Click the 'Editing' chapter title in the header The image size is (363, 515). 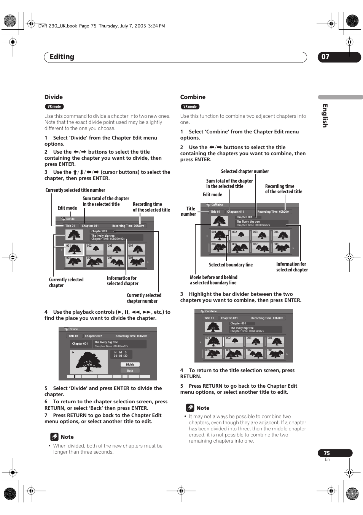(62, 57)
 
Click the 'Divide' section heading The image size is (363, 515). (54, 97)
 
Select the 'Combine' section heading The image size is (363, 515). (193, 97)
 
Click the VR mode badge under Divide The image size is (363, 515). (54, 107)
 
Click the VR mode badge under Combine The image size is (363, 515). (190, 107)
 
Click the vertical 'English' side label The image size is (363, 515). (325, 116)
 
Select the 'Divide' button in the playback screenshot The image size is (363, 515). (130, 364)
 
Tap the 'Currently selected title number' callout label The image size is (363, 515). (75, 190)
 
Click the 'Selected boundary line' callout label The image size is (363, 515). (231, 265)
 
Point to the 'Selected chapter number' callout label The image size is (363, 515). (245, 172)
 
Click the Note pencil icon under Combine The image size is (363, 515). (190, 408)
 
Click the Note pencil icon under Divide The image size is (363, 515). (54, 437)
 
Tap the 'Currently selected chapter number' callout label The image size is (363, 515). (143, 298)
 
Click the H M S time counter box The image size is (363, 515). (121, 354)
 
